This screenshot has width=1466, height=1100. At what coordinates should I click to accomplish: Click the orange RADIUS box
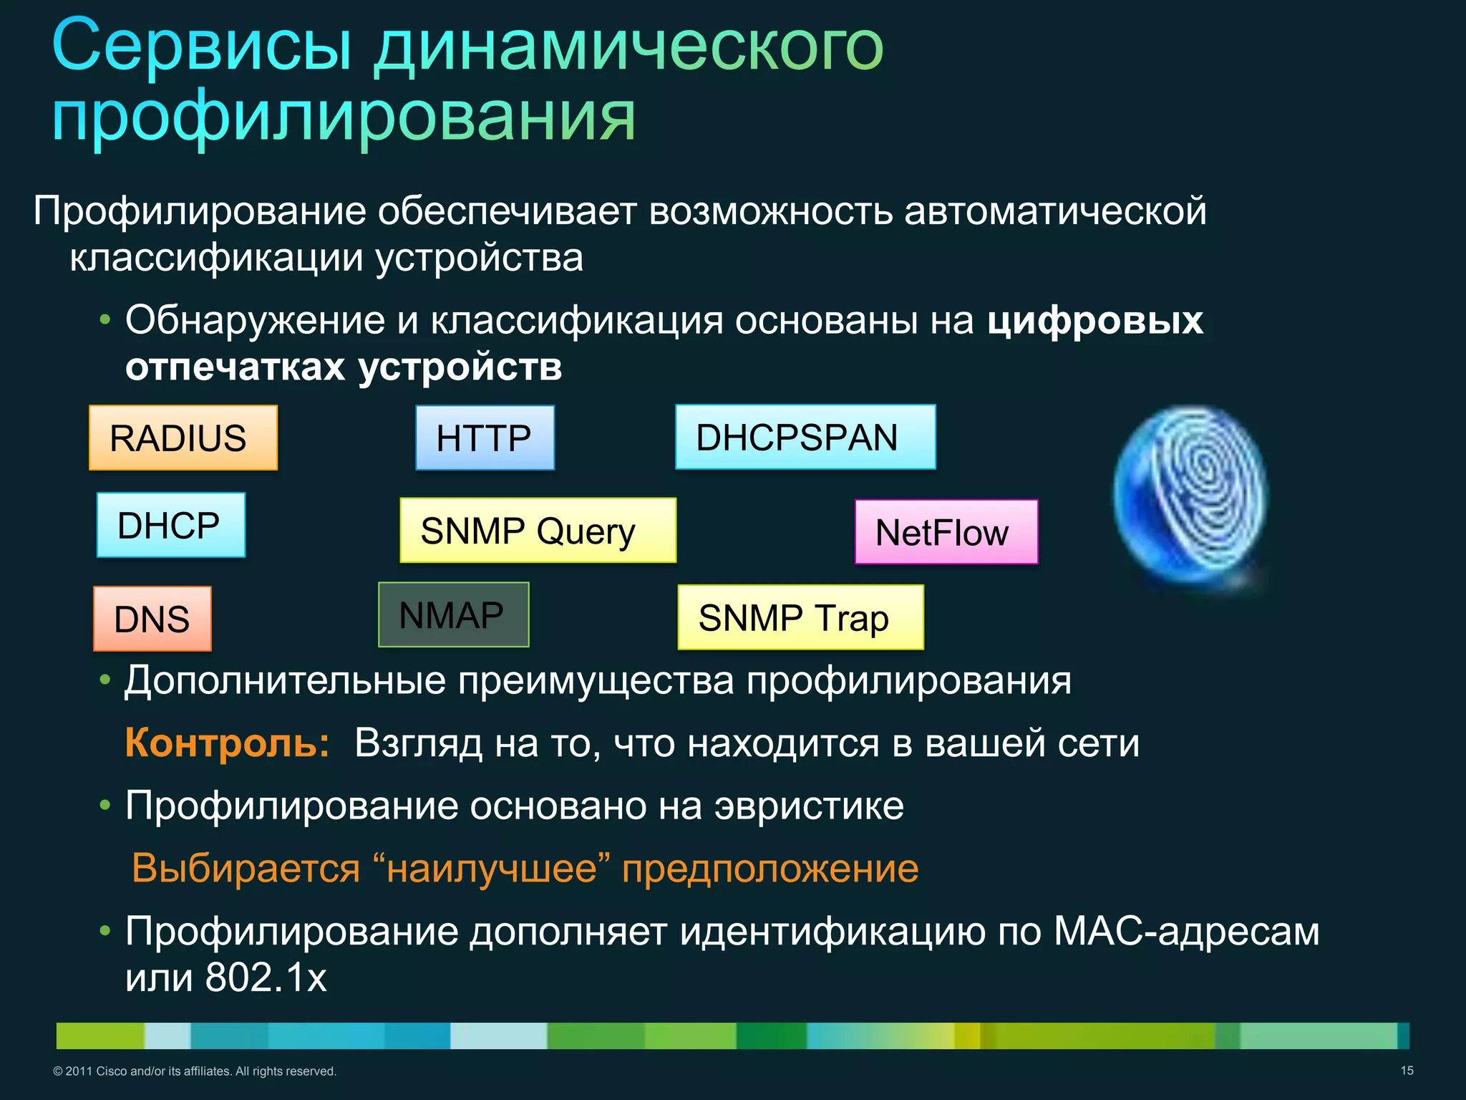coord(183,438)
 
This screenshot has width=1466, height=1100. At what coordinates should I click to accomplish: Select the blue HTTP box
coord(485,438)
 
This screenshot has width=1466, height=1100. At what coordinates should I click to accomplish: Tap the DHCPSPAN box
coord(805,437)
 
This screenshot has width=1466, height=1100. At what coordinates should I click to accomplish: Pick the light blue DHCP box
coord(170,525)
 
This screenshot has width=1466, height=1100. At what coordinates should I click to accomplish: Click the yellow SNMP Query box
coord(537,531)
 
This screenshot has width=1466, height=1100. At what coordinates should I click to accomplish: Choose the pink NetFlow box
coord(946,532)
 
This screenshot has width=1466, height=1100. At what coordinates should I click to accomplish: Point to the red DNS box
coord(152,619)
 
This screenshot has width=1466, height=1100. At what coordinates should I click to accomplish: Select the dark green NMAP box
coord(453,614)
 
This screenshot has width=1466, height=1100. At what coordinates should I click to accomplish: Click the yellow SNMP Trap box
coord(800,617)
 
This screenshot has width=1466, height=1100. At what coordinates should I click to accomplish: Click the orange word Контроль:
coord(227,743)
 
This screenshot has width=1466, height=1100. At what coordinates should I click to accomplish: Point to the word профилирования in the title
coord(344,116)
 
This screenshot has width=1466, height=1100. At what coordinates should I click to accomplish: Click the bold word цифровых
coord(1094,320)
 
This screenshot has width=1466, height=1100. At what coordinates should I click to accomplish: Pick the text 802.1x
coord(266,977)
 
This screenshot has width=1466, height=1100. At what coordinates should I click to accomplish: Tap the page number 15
coord(1407,1071)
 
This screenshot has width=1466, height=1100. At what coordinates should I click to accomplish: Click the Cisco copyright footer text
coord(195,1071)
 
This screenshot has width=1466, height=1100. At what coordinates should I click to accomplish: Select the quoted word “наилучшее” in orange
coord(491,869)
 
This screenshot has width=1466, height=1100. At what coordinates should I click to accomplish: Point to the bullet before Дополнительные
coord(105,680)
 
